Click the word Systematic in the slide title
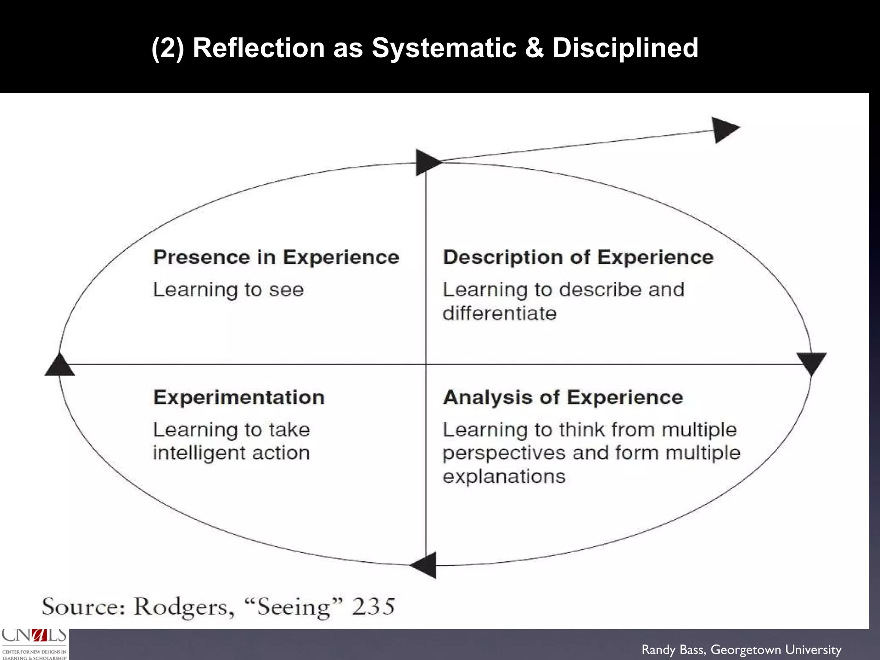pyautogui.click(x=444, y=48)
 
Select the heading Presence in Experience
pyautogui.click(x=276, y=257)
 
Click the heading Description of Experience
pyautogui.click(x=578, y=257)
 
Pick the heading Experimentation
pyautogui.click(x=239, y=397)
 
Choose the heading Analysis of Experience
pyautogui.click(x=563, y=397)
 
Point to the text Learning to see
pyautogui.click(x=229, y=290)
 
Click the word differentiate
pyautogui.click(x=499, y=313)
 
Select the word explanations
pyautogui.click(x=504, y=477)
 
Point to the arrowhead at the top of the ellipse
pyautogui.click(x=426, y=162)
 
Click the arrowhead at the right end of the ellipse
pyautogui.click(x=811, y=362)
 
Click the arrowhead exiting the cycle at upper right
pyautogui.click(x=724, y=129)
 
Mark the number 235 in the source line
pyautogui.click(x=373, y=606)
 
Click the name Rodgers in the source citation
pyautogui.click(x=184, y=607)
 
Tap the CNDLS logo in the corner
pyautogui.click(x=34, y=644)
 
